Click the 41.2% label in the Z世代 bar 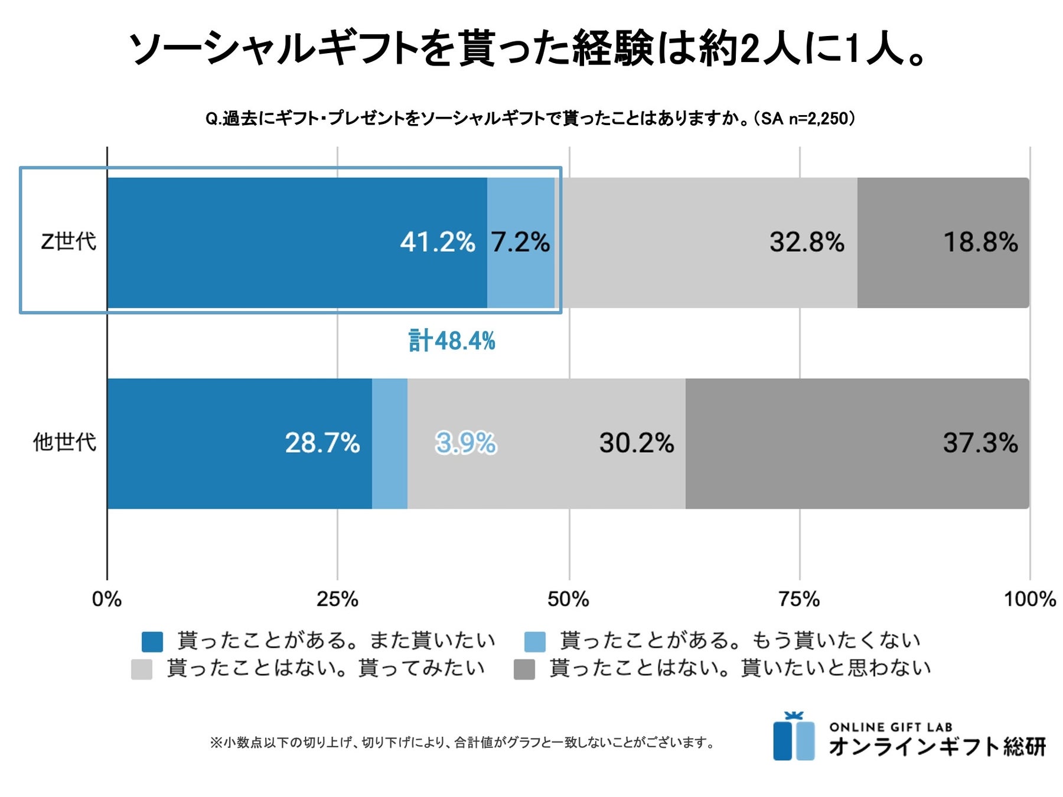[x=437, y=242]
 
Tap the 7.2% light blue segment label [x=520, y=242]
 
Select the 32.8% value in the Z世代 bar [x=807, y=242]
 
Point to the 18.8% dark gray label [x=980, y=242]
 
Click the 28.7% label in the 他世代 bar [x=322, y=443]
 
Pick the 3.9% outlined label [x=466, y=443]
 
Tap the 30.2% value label [x=637, y=443]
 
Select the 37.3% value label [x=980, y=443]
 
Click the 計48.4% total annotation [x=452, y=341]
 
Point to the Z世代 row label [x=69, y=241]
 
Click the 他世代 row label [x=64, y=442]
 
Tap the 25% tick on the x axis [x=337, y=599]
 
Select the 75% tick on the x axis [x=799, y=599]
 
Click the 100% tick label [x=1029, y=599]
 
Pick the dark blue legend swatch [x=152, y=642]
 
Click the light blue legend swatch [x=534, y=642]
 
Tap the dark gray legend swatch [x=524, y=669]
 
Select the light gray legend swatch [x=142, y=669]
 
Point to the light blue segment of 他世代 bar [x=390, y=443]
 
